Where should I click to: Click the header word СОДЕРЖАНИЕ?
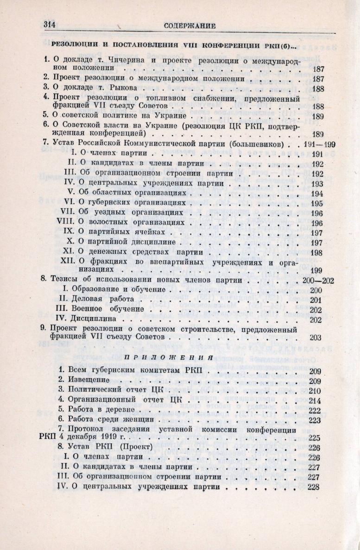coord(189,26)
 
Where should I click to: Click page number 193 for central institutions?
coord(317,183)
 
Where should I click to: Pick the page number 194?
coord(317,193)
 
